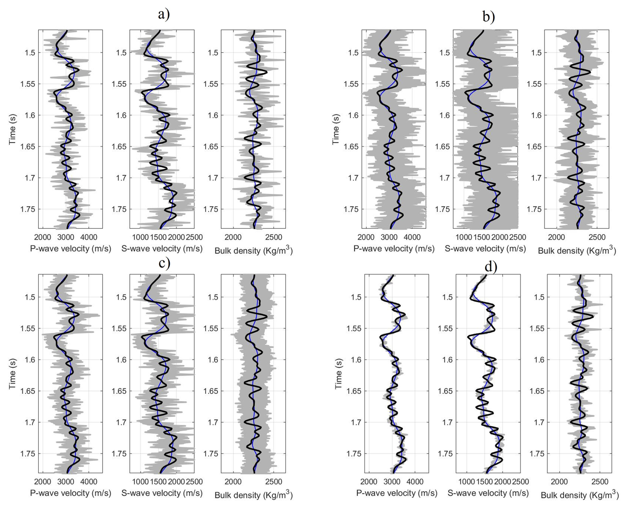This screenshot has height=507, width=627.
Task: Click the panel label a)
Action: (x=164, y=14)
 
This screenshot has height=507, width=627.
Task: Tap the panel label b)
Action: (x=488, y=16)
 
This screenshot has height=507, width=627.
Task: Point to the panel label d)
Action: (x=491, y=266)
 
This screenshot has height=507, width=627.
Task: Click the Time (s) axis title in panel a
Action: (x=13, y=129)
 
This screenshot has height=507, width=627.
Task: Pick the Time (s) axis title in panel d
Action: (x=338, y=374)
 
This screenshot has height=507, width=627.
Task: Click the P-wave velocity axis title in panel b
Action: (x=394, y=249)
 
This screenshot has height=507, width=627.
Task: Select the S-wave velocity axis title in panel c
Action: (x=162, y=493)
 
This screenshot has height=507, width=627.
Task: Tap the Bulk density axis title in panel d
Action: (x=580, y=495)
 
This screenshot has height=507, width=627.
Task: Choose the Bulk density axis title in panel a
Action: (x=254, y=250)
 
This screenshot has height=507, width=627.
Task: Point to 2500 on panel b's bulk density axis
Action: (x=597, y=237)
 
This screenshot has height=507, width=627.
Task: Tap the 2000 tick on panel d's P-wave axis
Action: (x=369, y=481)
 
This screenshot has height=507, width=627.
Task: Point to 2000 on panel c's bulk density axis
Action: (x=233, y=481)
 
